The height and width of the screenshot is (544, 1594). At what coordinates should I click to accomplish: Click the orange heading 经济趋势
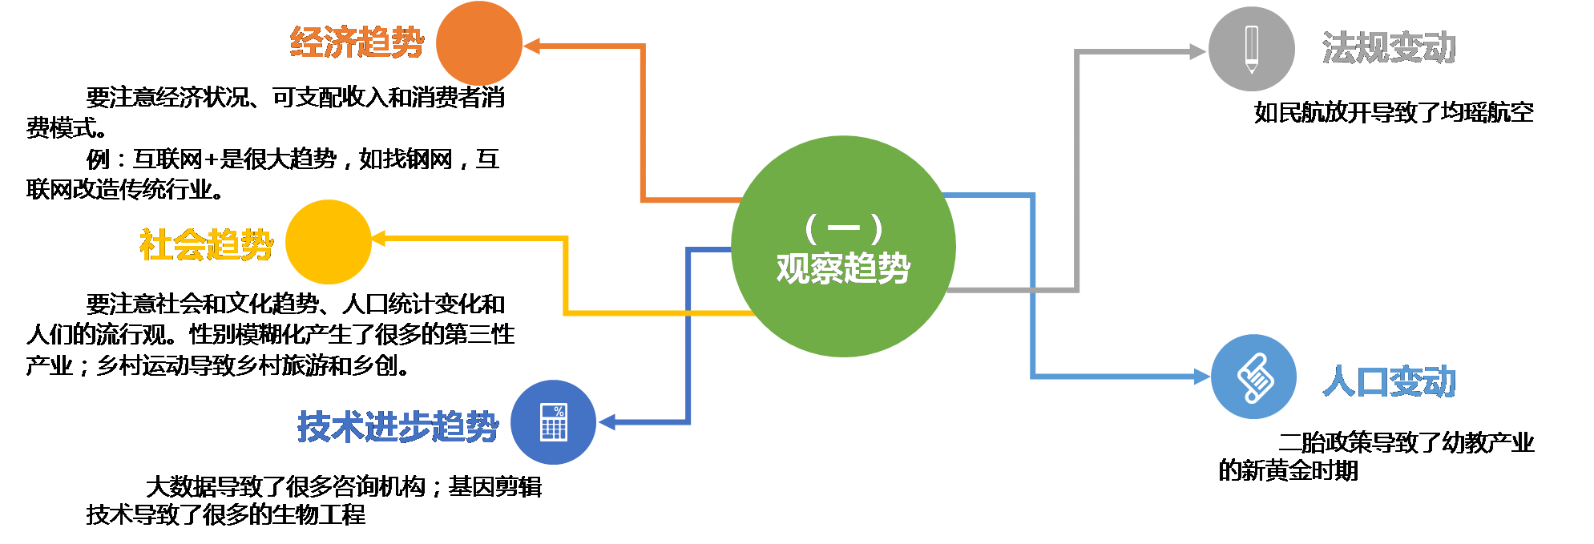tap(357, 42)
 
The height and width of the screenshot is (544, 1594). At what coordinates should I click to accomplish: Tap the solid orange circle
tap(478, 43)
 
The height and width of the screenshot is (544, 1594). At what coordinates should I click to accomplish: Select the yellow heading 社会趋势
tap(206, 244)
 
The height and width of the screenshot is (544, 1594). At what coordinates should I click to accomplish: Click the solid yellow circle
tap(328, 242)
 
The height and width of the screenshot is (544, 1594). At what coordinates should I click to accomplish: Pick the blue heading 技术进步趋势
tap(397, 426)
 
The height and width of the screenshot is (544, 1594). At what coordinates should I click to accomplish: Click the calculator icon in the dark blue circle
tap(554, 422)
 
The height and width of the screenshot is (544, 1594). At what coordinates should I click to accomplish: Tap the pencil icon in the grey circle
tap(1251, 49)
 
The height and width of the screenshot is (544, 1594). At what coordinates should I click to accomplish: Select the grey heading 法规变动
tap(1389, 47)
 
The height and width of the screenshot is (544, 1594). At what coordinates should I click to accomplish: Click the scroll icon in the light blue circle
tap(1254, 377)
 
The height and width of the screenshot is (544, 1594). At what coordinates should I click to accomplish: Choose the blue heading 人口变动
tap(1389, 381)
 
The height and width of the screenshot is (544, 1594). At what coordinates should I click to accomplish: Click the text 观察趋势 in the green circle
tap(843, 268)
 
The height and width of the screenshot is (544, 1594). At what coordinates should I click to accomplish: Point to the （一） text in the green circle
tap(843, 228)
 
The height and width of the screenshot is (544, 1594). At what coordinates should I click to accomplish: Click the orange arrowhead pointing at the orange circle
tap(532, 46)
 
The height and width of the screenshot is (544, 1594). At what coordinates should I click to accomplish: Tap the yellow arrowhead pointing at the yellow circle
tap(380, 238)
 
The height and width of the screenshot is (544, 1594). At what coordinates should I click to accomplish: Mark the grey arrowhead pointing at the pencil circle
tap(1198, 52)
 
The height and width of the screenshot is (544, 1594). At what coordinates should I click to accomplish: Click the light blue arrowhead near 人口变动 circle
tap(1201, 376)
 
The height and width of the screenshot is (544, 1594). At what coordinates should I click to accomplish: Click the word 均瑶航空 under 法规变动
tap(1487, 112)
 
